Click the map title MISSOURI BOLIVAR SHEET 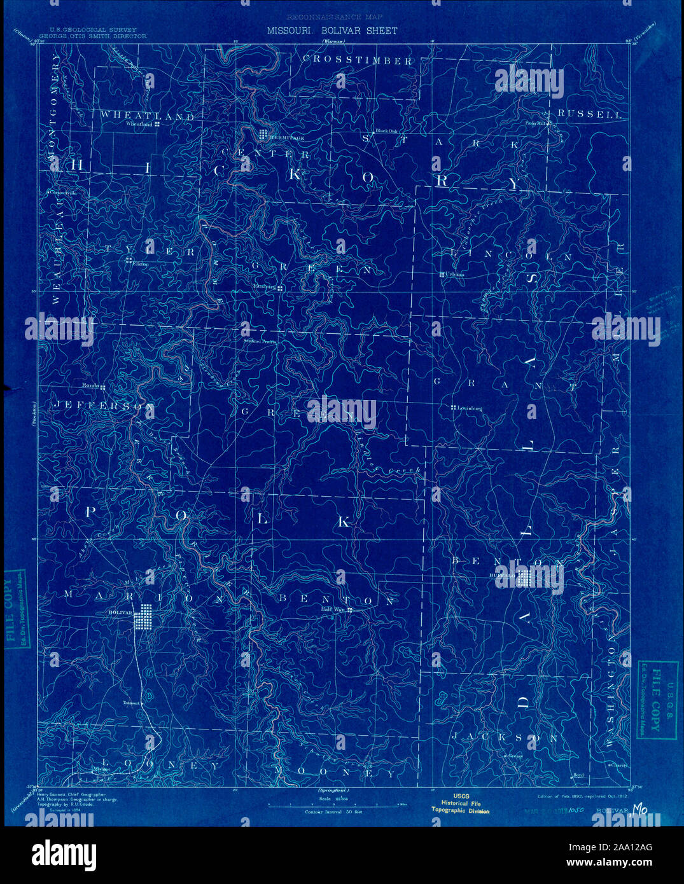coord(332,31)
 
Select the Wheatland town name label coord(140,125)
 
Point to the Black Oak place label coord(386,132)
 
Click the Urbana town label coord(455,275)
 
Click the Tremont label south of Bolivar coord(130,703)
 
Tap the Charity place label coord(619,766)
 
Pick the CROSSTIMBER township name coord(358,60)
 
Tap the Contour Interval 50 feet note coord(333,812)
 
